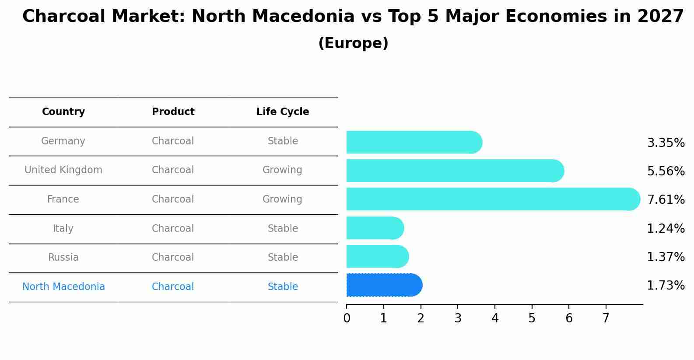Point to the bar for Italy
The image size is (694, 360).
(375, 228)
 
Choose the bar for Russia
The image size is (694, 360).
(377, 256)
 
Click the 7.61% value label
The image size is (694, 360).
(666, 200)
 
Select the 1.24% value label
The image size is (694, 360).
(666, 228)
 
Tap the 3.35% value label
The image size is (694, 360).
(666, 143)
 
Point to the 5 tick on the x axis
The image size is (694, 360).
(532, 318)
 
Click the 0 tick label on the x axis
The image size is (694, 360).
(347, 318)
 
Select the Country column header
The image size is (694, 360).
(63, 112)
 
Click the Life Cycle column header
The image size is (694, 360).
(283, 112)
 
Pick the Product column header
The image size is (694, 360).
(173, 112)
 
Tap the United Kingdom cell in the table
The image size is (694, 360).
(63, 170)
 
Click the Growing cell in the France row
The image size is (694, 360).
(282, 199)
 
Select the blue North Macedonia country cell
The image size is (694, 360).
(63, 287)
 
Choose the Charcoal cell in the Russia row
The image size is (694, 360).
(173, 258)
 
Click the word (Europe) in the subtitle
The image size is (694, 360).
(353, 43)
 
